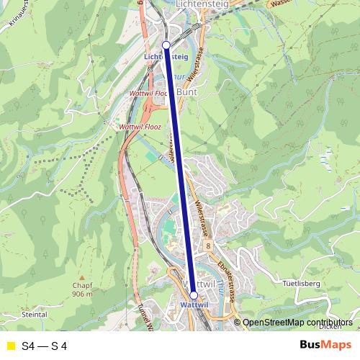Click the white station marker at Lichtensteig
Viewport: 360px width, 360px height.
[166, 45]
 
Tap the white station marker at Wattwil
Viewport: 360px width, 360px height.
[193, 295]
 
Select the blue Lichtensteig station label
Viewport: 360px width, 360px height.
[166, 55]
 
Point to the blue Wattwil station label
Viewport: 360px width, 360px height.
[193, 305]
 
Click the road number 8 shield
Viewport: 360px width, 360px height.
[207, 246]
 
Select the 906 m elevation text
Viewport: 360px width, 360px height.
[84, 294]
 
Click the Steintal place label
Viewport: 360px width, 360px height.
[34, 315]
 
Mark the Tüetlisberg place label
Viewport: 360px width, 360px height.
[301, 283]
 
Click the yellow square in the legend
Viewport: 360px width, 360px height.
[10, 346]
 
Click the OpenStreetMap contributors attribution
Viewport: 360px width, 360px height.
[297, 323]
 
